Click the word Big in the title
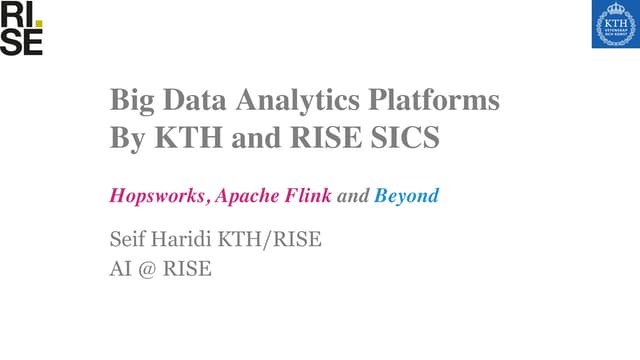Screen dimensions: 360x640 [x=131, y=100]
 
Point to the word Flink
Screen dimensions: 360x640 [x=315, y=196]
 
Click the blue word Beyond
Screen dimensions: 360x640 [x=406, y=197]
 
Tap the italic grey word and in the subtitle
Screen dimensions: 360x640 [x=355, y=197]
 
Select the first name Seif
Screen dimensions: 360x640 [x=127, y=240]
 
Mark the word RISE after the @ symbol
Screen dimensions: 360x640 [x=190, y=271]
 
